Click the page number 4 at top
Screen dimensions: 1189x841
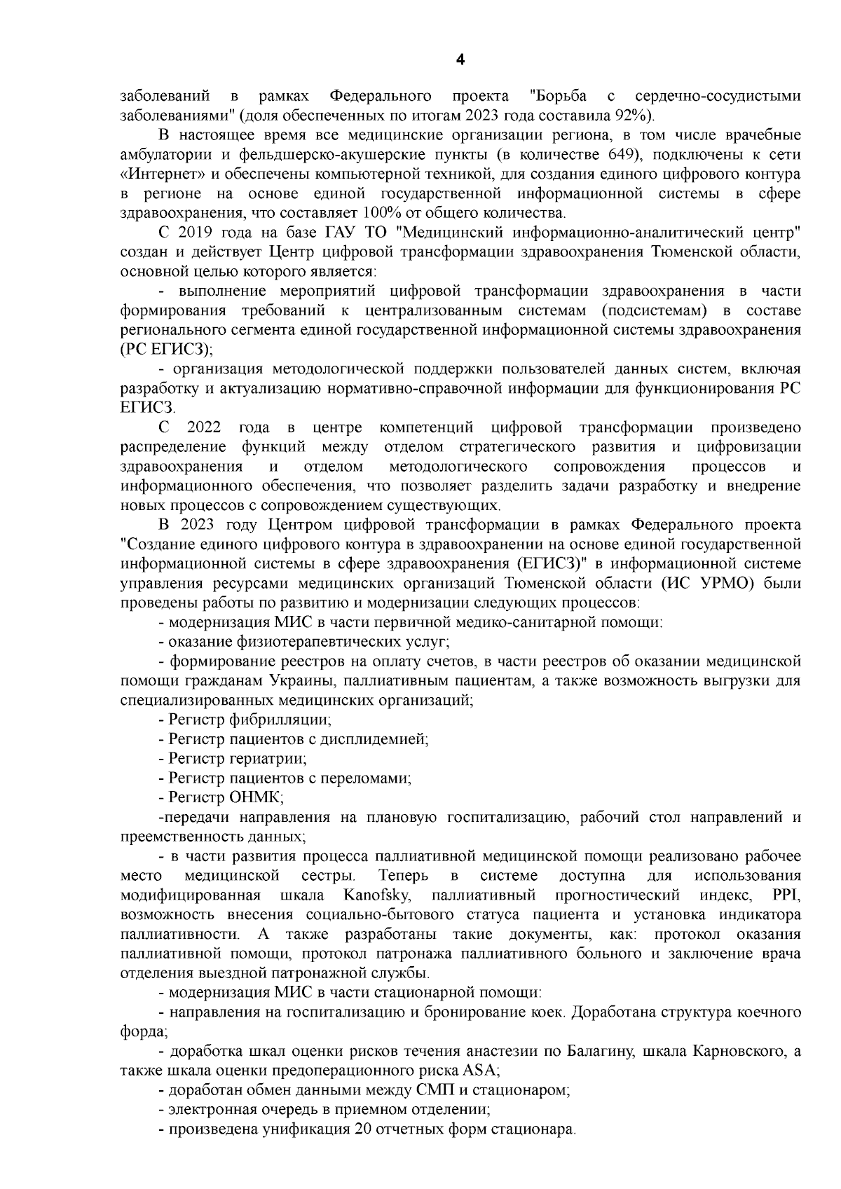coord(460,60)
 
